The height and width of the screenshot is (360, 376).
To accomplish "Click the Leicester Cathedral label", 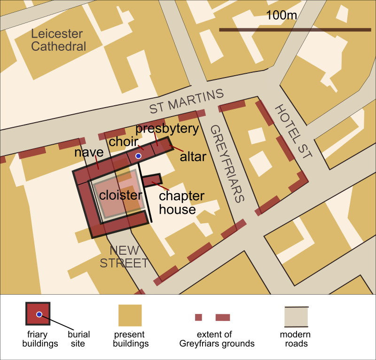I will (59, 40).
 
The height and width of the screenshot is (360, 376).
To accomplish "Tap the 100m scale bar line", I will (295, 30).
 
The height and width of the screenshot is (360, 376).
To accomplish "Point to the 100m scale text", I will (282, 15).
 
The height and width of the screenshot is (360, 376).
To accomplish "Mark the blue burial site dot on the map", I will (138, 156).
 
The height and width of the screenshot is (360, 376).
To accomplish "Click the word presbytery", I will (167, 128).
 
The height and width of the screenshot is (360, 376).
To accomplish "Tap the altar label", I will (193, 157).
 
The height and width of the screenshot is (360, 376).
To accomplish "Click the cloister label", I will (120, 195).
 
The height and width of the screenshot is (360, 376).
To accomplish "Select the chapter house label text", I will (181, 203).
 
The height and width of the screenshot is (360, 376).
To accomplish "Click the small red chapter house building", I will (152, 180).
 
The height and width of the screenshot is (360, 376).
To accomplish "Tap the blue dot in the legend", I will (39, 314).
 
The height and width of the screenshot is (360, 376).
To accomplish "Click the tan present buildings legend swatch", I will (130, 315).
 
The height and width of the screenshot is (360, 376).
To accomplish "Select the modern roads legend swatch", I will (296, 317).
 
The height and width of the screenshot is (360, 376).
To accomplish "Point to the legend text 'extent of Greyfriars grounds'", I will (217, 339).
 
